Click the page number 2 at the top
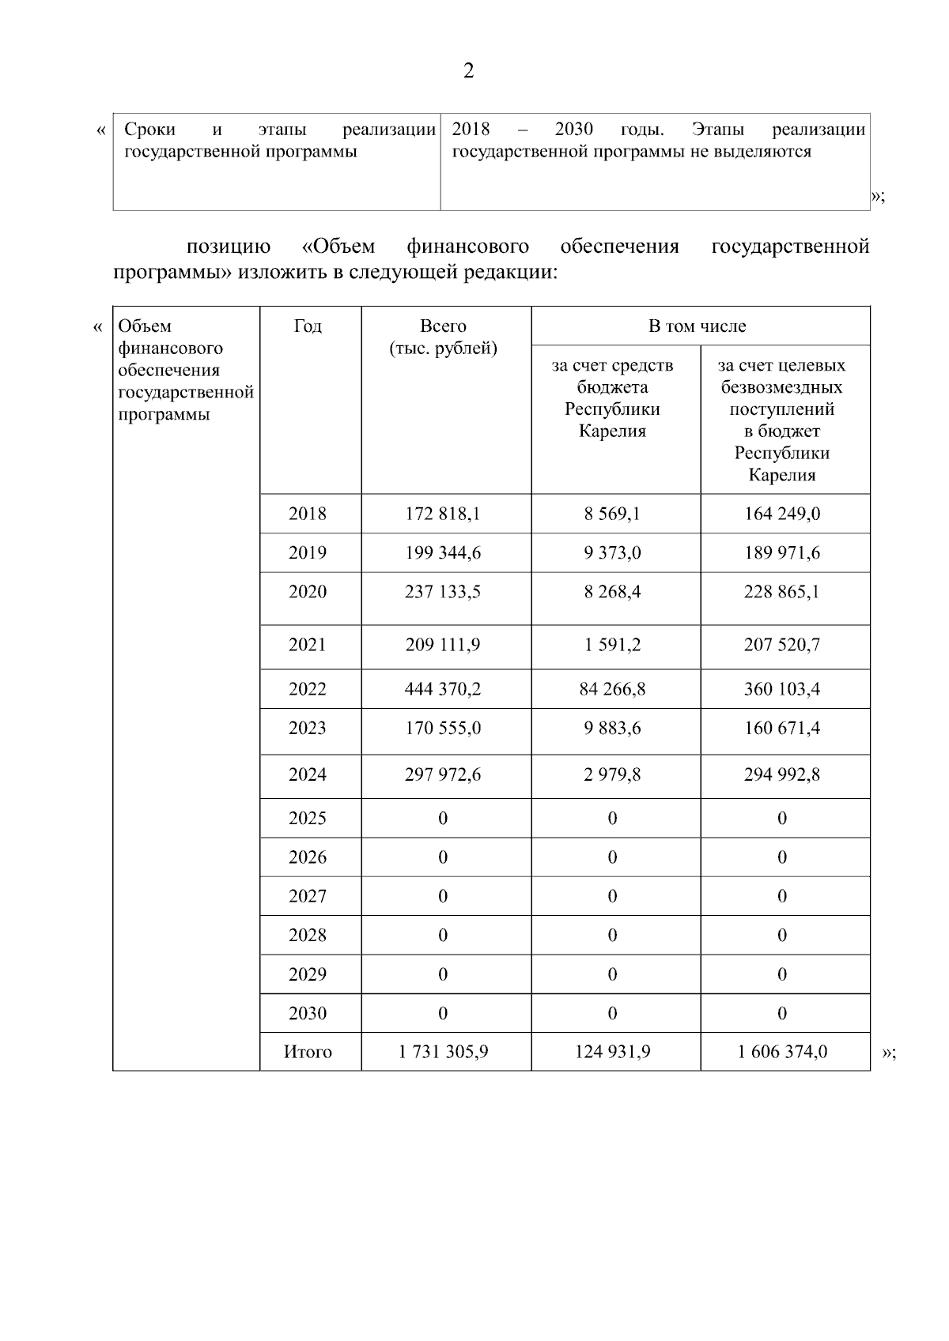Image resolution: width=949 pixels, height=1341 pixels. tap(468, 72)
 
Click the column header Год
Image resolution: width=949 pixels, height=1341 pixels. tap(308, 326)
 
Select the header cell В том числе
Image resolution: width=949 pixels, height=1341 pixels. tap(697, 326)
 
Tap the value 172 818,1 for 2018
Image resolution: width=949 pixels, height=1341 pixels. tap(443, 514)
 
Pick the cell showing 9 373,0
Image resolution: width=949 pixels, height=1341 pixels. tap(612, 552)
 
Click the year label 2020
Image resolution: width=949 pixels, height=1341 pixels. tap(308, 592)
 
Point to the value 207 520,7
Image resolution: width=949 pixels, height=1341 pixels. tap(781, 645)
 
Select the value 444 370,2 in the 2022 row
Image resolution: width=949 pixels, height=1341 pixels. tap(443, 689)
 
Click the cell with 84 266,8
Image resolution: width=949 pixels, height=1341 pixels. tap(612, 689)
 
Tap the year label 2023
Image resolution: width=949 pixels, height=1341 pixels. tap(308, 728)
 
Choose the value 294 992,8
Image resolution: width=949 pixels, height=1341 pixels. tap(781, 774)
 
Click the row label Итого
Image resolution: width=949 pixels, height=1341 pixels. tap(308, 1052)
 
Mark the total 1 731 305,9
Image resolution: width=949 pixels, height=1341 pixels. tap(443, 1052)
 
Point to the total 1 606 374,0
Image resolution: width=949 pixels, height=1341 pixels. tap(781, 1052)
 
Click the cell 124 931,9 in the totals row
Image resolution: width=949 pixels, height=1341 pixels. tap(612, 1052)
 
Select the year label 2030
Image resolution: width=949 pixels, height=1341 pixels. tap(308, 1013)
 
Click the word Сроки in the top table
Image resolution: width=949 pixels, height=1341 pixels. tap(150, 130)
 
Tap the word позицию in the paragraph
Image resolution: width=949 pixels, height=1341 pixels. tap(229, 247)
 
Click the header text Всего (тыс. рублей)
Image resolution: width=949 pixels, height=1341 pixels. tap(443, 337)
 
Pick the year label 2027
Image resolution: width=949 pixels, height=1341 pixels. tap(308, 896)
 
